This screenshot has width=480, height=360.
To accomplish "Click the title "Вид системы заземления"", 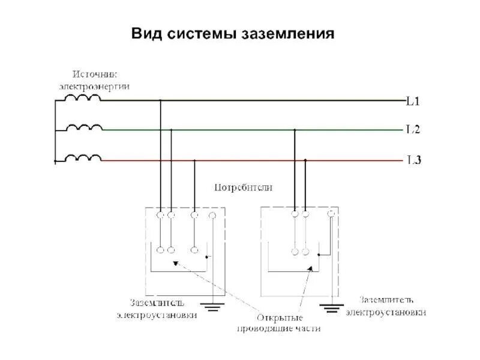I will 232,33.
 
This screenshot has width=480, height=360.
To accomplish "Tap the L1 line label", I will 413,101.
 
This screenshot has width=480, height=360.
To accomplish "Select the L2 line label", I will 413,129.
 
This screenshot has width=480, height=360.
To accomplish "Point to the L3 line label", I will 413,160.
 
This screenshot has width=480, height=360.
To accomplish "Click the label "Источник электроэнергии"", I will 95,80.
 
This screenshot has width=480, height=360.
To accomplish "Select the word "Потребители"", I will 244,187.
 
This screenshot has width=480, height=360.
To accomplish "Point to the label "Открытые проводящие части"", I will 279,323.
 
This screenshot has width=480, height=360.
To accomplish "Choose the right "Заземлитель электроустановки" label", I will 393,305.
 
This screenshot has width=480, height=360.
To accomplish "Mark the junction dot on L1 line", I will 160,101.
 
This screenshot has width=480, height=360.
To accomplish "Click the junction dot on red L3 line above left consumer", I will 194,160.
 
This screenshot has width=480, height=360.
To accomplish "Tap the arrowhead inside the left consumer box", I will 175,263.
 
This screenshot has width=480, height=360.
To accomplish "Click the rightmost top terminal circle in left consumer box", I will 212,215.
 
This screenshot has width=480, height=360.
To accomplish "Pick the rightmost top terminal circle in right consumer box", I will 331,213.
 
